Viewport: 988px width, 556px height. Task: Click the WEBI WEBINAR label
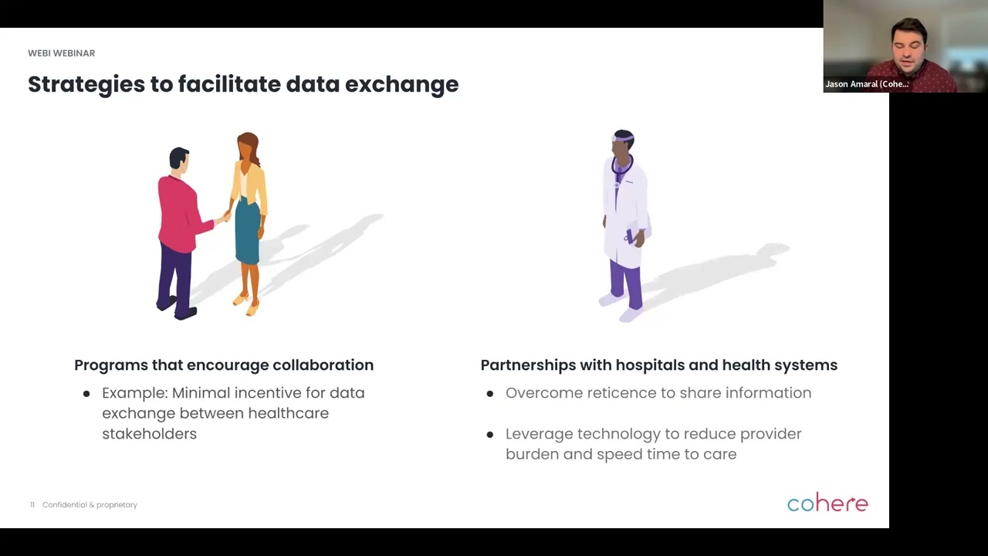pos(61,53)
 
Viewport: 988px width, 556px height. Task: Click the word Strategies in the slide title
pos(86,84)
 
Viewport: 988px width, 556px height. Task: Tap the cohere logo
pos(827,503)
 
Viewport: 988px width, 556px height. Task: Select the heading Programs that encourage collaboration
pos(224,365)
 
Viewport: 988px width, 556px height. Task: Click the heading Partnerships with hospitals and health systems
pos(658,365)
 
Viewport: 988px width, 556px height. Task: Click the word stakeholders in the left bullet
pos(149,434)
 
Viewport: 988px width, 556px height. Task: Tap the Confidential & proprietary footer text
pos(90,505)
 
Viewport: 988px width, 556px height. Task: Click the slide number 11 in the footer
pos(32,505)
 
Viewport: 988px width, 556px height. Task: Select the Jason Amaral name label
pos(866,84)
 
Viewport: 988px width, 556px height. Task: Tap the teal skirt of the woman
pos(247,232)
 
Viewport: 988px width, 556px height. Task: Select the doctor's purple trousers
pos(624,282)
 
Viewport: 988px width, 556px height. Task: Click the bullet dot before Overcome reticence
pos(490,394)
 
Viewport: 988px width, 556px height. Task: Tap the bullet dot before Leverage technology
pos(490,435)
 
